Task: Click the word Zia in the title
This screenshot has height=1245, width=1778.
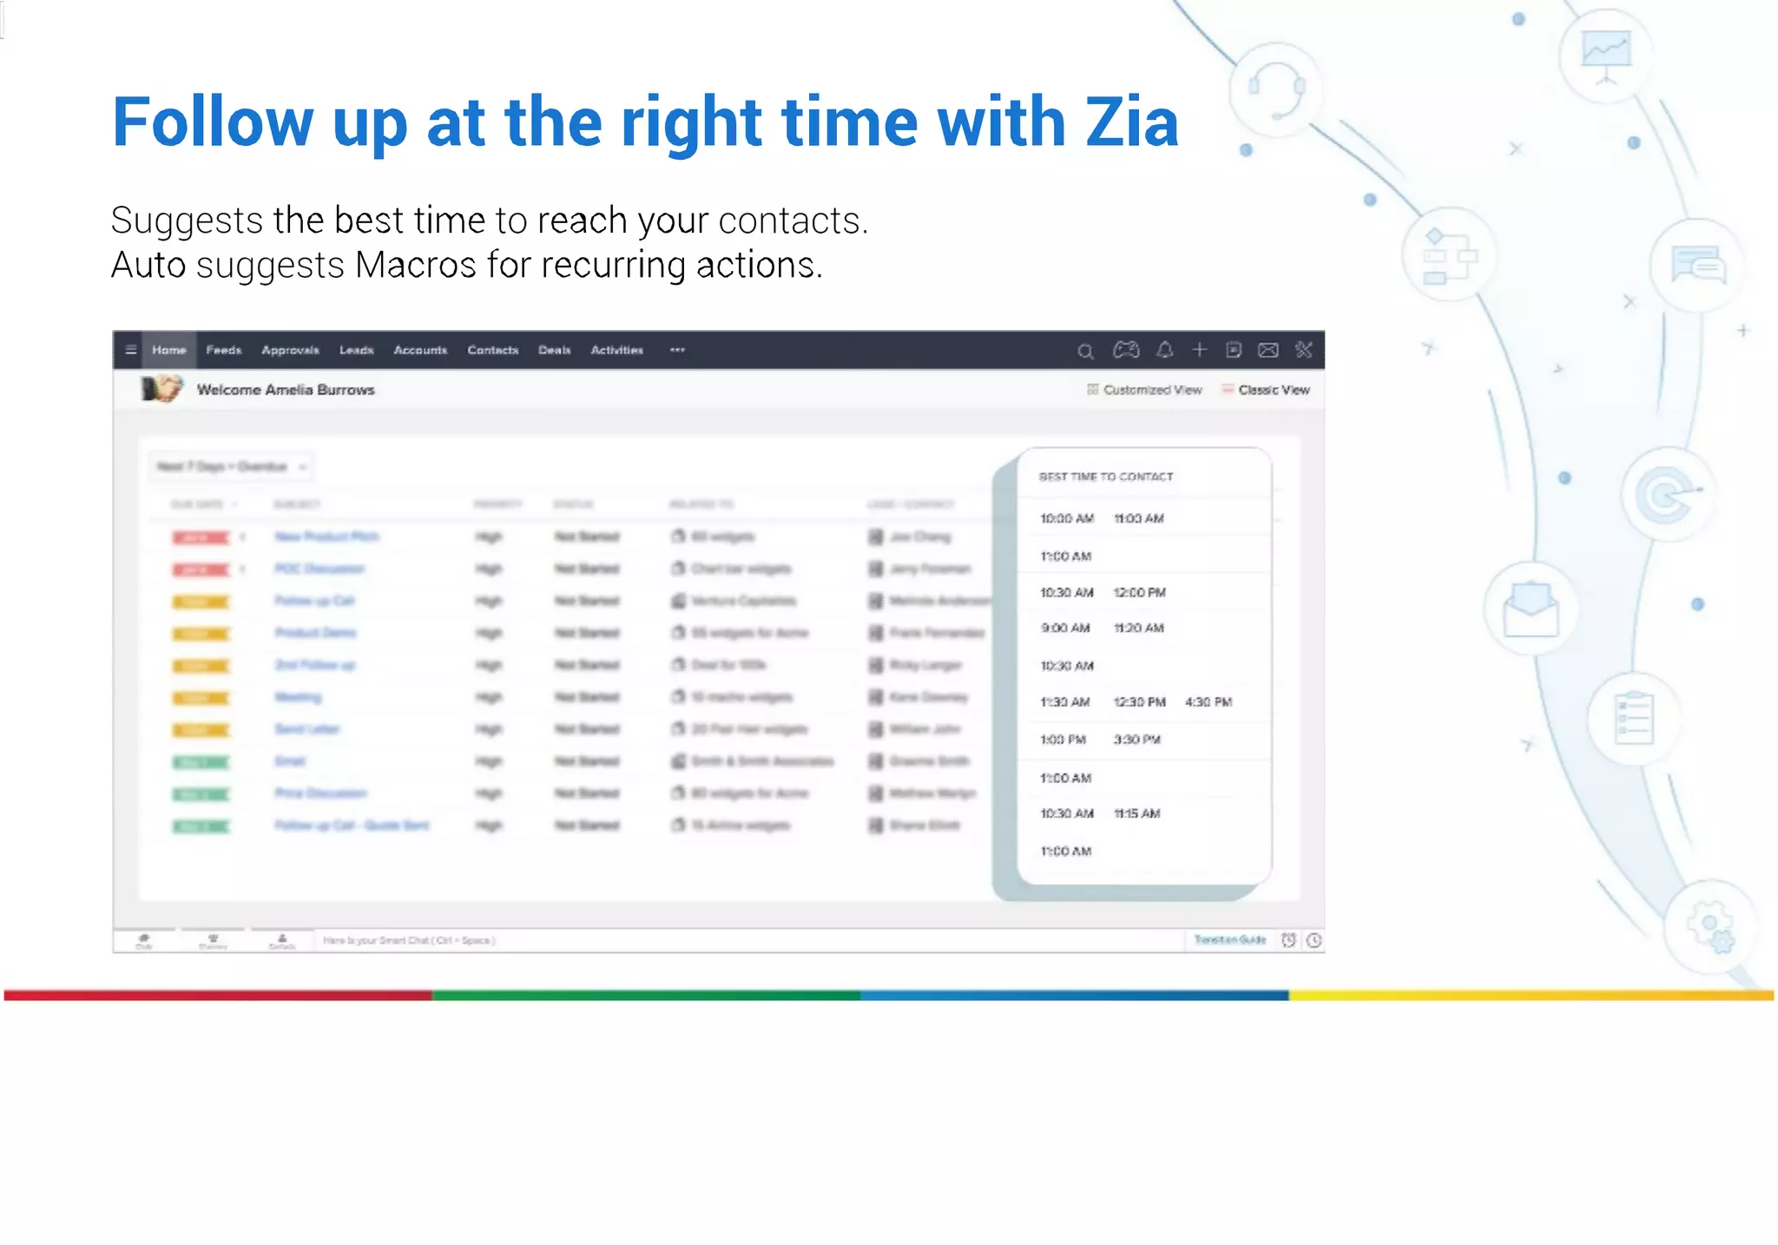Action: coord(1132,122)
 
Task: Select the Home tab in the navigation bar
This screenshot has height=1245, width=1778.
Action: coord(169,350)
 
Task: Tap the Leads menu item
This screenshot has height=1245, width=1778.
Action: coord(356,350)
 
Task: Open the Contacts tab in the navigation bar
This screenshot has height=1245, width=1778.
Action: coord(492,350)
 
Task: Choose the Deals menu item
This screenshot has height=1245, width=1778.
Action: coord(554,350)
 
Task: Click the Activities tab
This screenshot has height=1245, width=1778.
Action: coord(616,350)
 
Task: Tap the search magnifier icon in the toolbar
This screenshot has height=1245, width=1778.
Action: coord(1085,351)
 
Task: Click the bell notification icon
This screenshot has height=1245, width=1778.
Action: coord(1164,350)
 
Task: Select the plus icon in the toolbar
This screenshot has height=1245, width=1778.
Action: coord(1199,350)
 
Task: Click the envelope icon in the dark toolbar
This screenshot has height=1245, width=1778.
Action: coord(1268,350)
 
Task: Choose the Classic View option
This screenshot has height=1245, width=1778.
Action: coord(1273,390)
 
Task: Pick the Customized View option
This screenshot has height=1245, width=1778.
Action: coord(1152,390)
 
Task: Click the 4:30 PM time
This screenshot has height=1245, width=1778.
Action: coord(1208,702)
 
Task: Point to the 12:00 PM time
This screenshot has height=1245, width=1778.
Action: coord(1139,592)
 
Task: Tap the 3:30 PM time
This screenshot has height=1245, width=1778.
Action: coord(1136,740)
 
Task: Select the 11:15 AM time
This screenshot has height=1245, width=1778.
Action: coord(1136,814)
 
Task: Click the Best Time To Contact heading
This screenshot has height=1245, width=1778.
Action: coord(1106,477)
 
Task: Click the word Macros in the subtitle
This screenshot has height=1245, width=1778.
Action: coord(415,265)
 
